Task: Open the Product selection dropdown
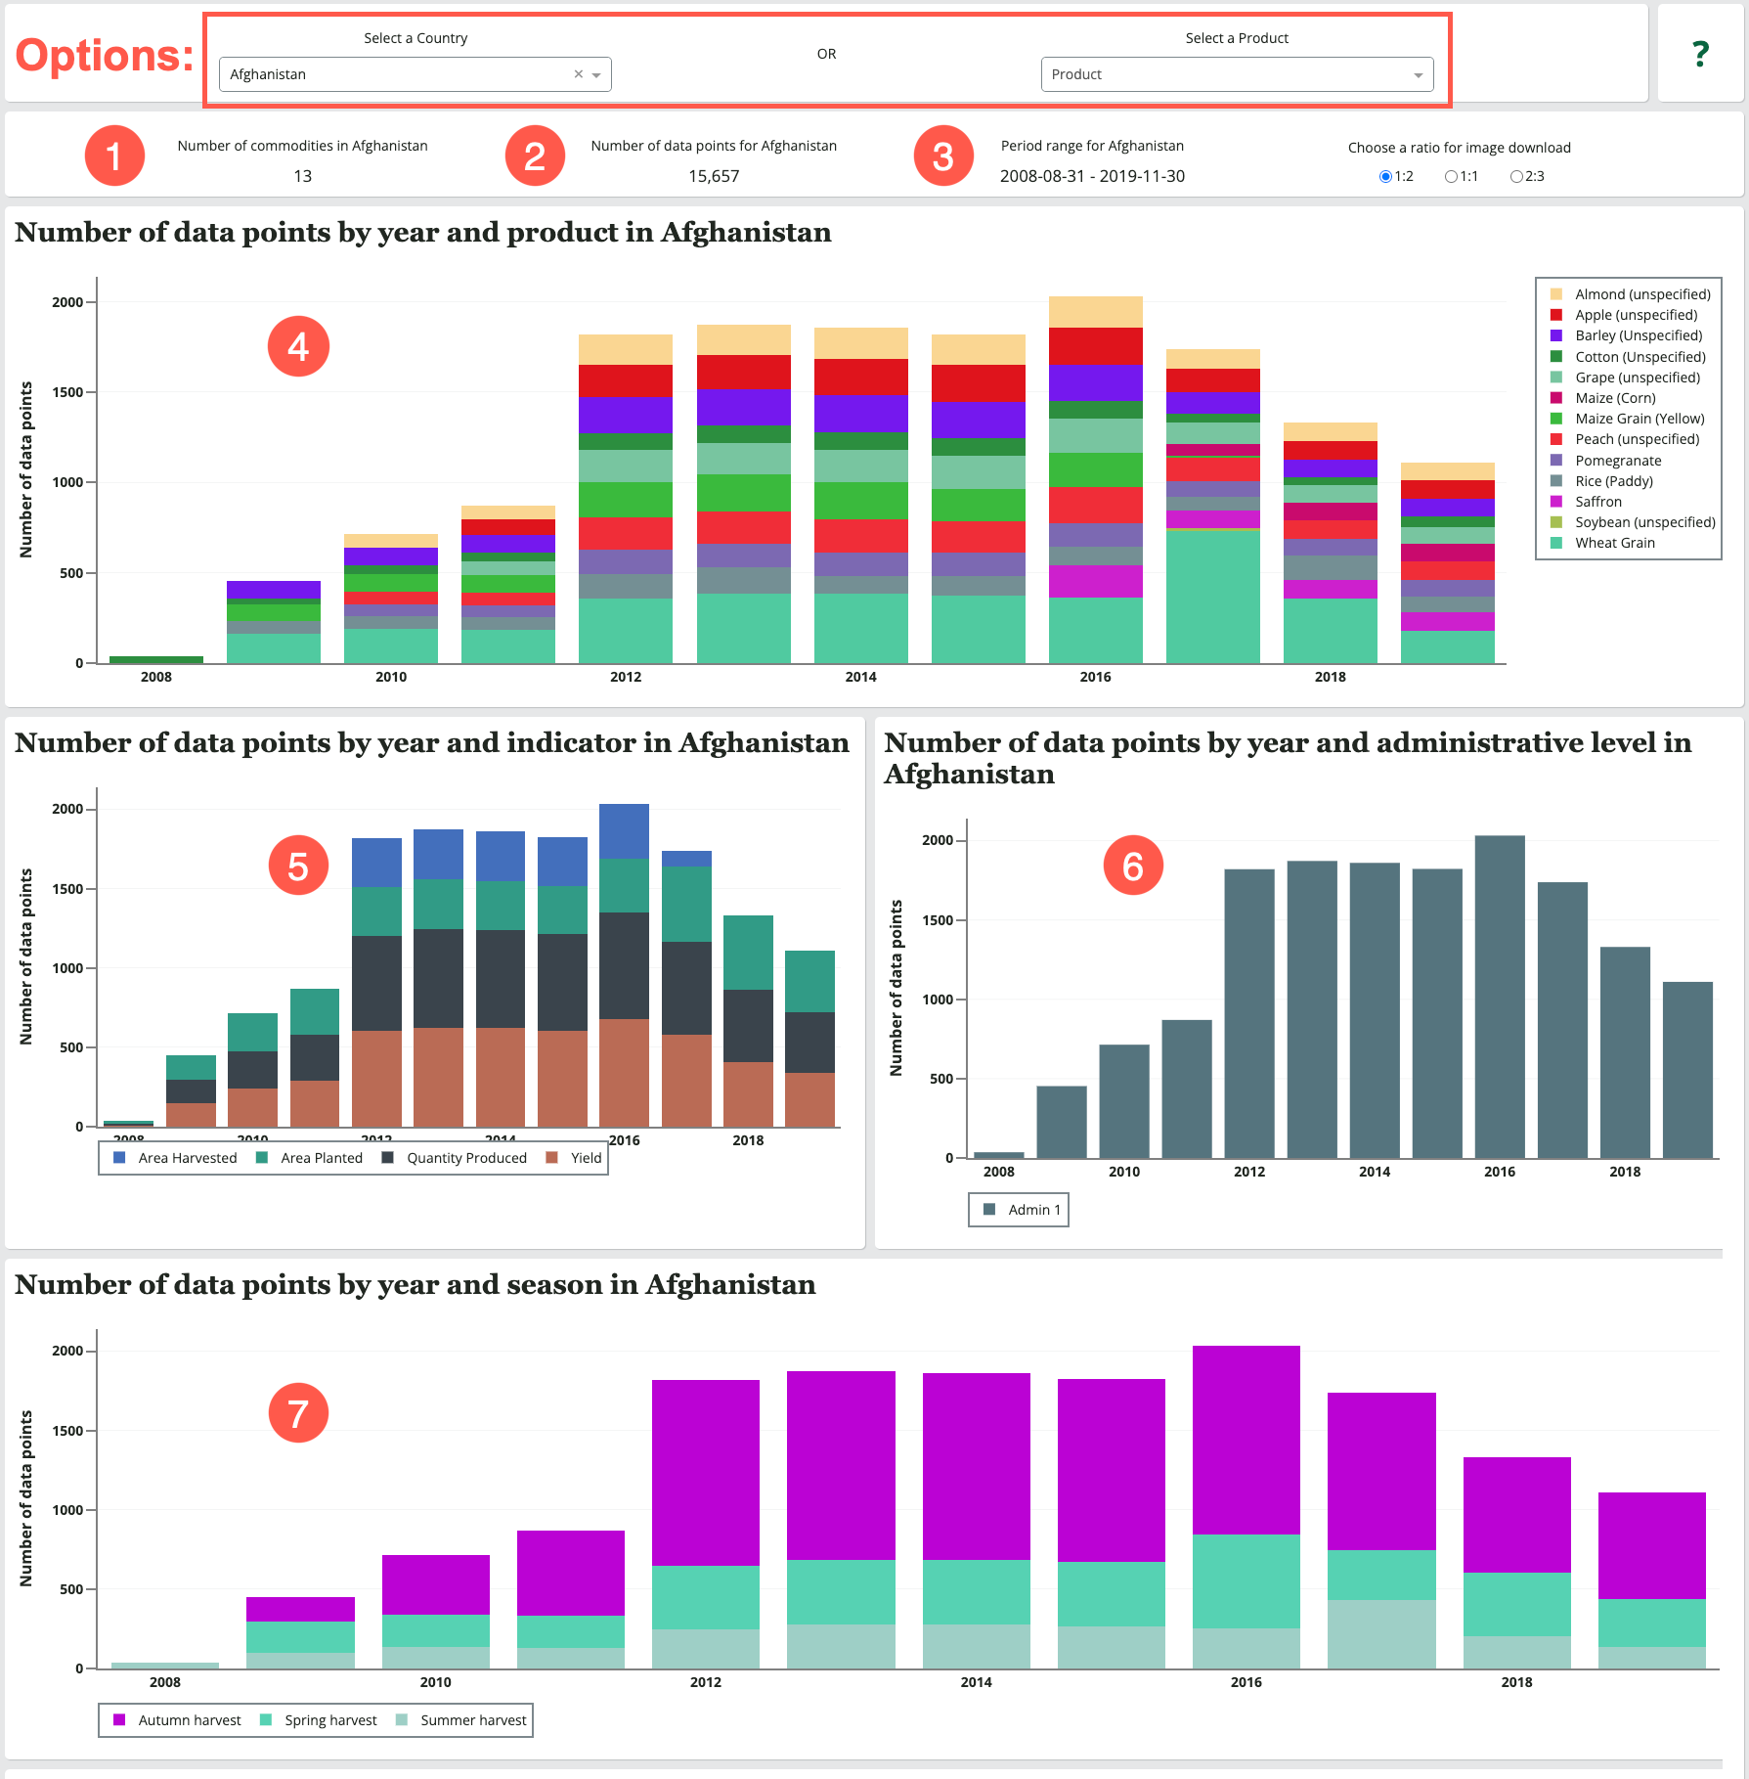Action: click(1236, 74)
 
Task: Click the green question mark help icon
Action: click(1700, 54)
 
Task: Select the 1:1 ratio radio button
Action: click(1452, 177)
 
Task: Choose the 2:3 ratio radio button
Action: click(1516, 177)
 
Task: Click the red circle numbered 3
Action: click(942, 156)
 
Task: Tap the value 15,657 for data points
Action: click(714, 176)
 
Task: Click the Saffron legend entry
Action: click(1597, 502)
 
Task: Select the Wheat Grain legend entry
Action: click(1614, 543)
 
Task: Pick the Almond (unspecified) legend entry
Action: click(1641, 294)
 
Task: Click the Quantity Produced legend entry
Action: click(465, 1158)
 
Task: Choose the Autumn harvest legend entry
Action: click(189, 1720)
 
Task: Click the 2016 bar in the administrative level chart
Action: click(1500, 998)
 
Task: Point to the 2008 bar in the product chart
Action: click(156, 660)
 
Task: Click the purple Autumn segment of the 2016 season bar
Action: click(1246, 1438)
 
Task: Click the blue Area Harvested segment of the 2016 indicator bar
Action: click(624, 831)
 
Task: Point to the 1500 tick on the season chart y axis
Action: click(68, 1431)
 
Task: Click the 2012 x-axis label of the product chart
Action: click(626, 677)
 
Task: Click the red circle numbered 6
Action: click(1132, 866)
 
